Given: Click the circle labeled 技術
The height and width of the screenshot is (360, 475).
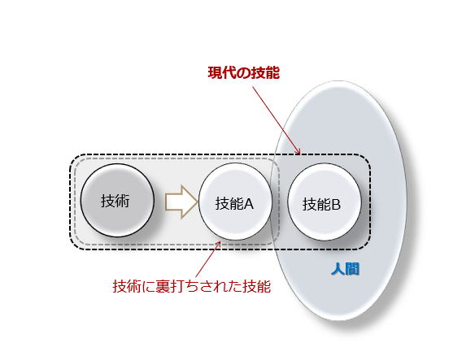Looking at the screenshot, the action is pos(117,201).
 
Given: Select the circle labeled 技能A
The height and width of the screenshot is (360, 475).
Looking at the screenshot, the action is pos(235,202).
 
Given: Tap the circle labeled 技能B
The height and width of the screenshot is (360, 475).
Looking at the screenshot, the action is pos(325,202).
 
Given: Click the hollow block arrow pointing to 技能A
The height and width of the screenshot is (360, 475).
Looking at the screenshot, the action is pos(181,202).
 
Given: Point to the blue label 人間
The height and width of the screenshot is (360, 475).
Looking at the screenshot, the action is pos(346,269).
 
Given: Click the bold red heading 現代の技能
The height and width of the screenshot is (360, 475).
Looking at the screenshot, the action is pos(243,73).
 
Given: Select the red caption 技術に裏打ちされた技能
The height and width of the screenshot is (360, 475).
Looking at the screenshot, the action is pos(192,286).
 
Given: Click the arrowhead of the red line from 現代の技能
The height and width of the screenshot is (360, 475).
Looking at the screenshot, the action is pos(299,152).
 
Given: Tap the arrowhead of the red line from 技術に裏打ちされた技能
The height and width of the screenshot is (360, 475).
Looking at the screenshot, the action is pos(219,244).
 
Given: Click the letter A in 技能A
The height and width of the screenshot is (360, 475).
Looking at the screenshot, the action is pos(248,204).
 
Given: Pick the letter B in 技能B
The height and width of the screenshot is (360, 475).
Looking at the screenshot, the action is pos(336,204).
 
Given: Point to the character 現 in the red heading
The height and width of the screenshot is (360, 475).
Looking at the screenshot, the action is pos(215,73).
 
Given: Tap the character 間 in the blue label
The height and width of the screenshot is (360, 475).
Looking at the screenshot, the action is pos(353,269).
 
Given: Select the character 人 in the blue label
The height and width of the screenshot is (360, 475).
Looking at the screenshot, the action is pos(338,269).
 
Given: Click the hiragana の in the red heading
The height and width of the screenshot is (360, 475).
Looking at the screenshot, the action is pos(243,73).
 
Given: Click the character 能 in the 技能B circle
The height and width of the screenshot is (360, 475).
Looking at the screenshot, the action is pos(324,204).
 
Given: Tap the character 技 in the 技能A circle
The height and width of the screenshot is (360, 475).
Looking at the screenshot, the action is pos(222,204).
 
